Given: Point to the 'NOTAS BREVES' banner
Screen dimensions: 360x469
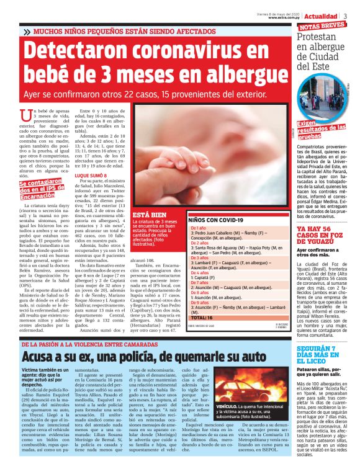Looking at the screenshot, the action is pos(322,27).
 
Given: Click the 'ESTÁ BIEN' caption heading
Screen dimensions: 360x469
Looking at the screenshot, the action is pos(147,216).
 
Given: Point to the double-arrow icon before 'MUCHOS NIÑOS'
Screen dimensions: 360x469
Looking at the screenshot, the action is pos(27,30).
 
